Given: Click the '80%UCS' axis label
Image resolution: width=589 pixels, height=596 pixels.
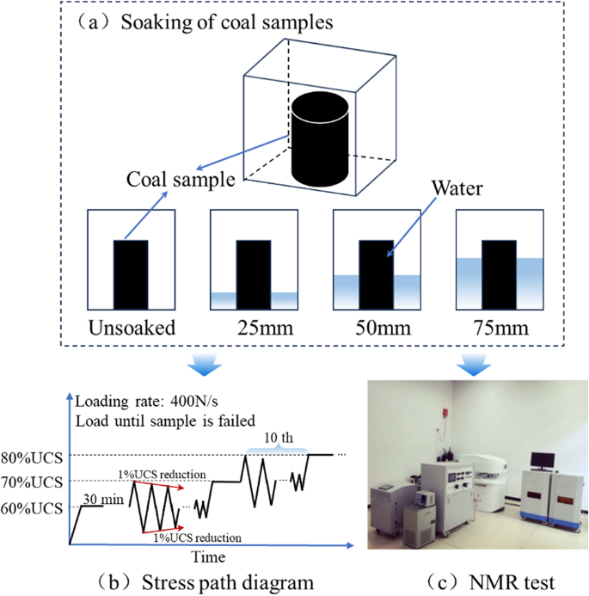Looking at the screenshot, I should click(34, 454).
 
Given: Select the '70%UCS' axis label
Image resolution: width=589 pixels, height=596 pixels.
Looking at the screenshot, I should click(34, 481).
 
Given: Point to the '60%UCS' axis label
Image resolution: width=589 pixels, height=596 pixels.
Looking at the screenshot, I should click(34, 507).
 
